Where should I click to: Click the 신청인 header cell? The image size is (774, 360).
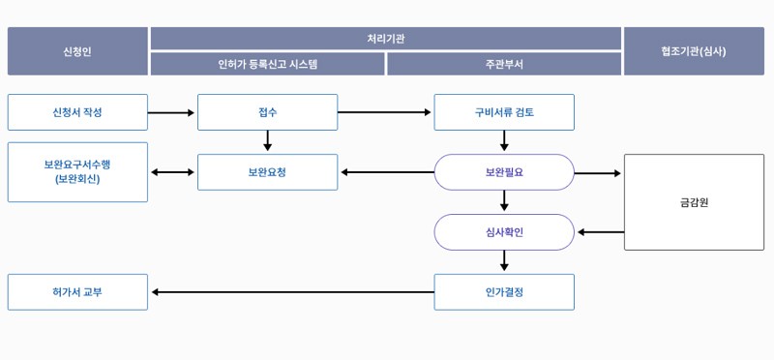click(77, 51)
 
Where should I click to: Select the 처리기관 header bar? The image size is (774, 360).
click(386, 39)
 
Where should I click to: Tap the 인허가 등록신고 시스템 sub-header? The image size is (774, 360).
click(268, 64)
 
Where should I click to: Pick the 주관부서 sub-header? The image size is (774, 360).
click(504, 64)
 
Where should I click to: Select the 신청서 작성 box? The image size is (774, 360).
click(77, 112)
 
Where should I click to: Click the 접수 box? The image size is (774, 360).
click(267, 112)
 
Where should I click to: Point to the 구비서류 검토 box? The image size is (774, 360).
click(504, 112)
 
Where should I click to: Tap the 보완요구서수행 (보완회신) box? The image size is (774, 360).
click(77, 172)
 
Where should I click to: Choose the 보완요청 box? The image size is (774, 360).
click(267, 172)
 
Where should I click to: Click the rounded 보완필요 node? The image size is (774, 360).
click(504, 172)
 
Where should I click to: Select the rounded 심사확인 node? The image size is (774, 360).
click(504, 232)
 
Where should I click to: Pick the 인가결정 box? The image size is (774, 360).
click(504, 292)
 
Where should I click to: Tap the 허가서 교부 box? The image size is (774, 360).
click(77, 292)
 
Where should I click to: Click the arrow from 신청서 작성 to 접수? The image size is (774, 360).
click(172, 113)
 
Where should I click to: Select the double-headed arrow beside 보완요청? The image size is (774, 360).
click(172, 172)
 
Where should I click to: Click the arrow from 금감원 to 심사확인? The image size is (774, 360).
click(601, 232)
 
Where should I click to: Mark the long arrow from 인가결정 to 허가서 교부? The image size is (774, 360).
click(290, 292)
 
